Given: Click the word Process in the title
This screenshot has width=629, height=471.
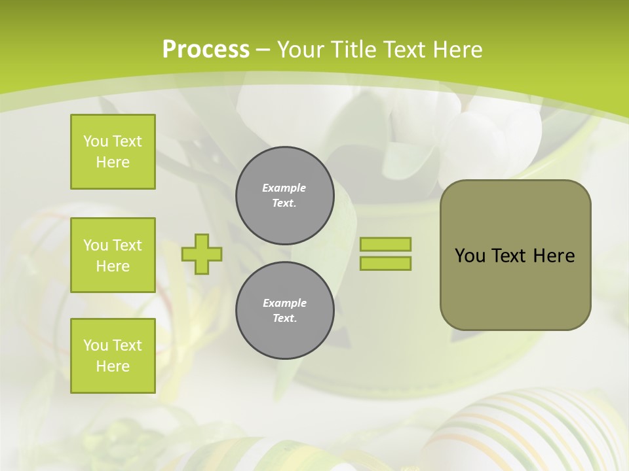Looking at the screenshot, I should click(206, 50).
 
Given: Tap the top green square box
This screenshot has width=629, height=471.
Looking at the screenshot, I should click(113, 152).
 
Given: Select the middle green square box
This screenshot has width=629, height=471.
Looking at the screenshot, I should click(113, 255).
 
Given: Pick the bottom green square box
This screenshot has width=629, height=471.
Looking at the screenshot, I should click(113, 356).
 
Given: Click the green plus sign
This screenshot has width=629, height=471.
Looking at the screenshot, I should click(202, 254).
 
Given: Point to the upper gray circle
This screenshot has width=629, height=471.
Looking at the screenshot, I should click(285, 196).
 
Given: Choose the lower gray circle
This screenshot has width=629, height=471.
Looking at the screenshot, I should click(285, 311).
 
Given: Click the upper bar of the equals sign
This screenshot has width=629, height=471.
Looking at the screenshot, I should click(386, 244).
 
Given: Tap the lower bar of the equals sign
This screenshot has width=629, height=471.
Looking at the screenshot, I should click(386, 264).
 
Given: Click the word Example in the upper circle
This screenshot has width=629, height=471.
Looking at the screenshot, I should click(284, 188).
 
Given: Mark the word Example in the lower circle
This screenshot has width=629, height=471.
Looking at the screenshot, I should click(284, 303).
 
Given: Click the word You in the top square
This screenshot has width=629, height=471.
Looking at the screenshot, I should click(96, 141).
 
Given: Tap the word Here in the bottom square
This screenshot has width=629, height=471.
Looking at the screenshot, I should click(113, 366).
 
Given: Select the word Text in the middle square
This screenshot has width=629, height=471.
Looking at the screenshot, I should click(126, 245).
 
